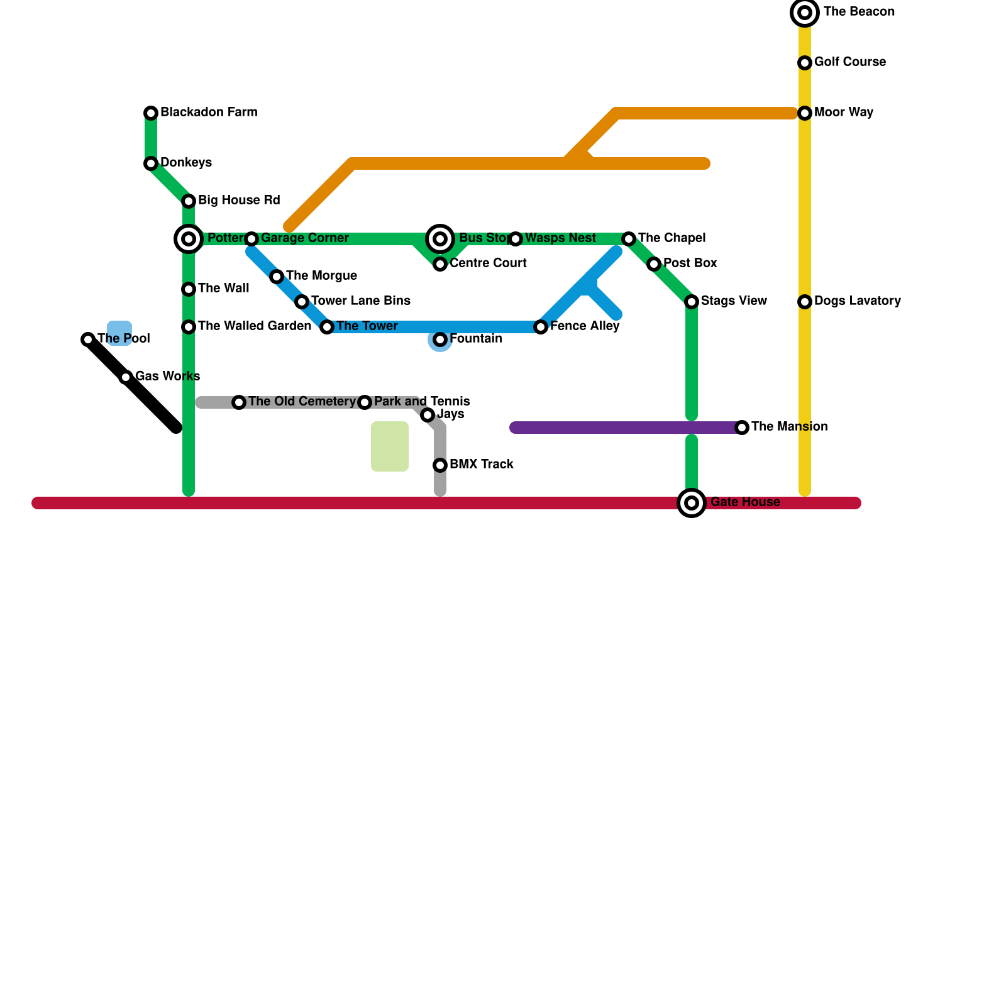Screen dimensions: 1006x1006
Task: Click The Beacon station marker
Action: coord(805,13)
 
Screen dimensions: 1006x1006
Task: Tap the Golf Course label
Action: coord(849,62)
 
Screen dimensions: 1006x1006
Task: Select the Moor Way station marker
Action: coord(805,113)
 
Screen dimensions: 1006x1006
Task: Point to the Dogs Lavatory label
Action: coord(857,301)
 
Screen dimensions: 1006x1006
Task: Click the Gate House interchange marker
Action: coord(692,503)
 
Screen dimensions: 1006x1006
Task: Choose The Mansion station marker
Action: coord(742,428)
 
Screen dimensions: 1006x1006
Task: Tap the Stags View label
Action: coord(734,301)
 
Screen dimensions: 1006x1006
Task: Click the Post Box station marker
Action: coord(654,264)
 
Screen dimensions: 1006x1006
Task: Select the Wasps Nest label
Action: coord(560,238)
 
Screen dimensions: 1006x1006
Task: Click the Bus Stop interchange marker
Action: coord(440,239)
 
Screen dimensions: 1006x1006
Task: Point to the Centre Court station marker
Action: coord(440,264)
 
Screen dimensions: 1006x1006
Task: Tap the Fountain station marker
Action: coord(440,340)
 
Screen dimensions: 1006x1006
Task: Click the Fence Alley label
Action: coord(585,326)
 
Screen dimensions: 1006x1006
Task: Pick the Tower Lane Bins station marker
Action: coord(302,302)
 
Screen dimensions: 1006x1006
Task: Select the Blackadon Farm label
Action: coord(209,113)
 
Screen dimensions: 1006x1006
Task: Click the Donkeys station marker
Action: coord(151,163)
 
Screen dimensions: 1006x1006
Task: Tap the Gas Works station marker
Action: coord(126,377)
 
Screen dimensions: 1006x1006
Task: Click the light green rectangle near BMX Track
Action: coord(390,446)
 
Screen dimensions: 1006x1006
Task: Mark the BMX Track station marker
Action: coord(440,465)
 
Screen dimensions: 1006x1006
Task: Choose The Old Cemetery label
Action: coord(302,402)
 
